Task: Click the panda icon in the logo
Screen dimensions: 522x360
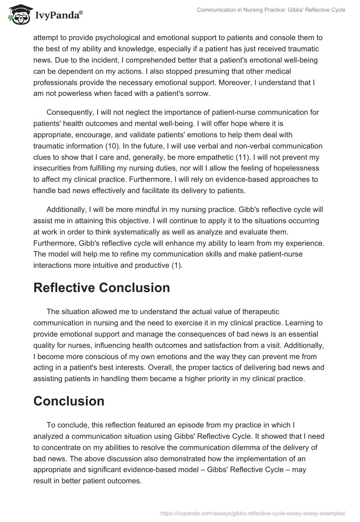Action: [18, 15]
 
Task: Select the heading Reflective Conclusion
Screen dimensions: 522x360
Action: [101, 288]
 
